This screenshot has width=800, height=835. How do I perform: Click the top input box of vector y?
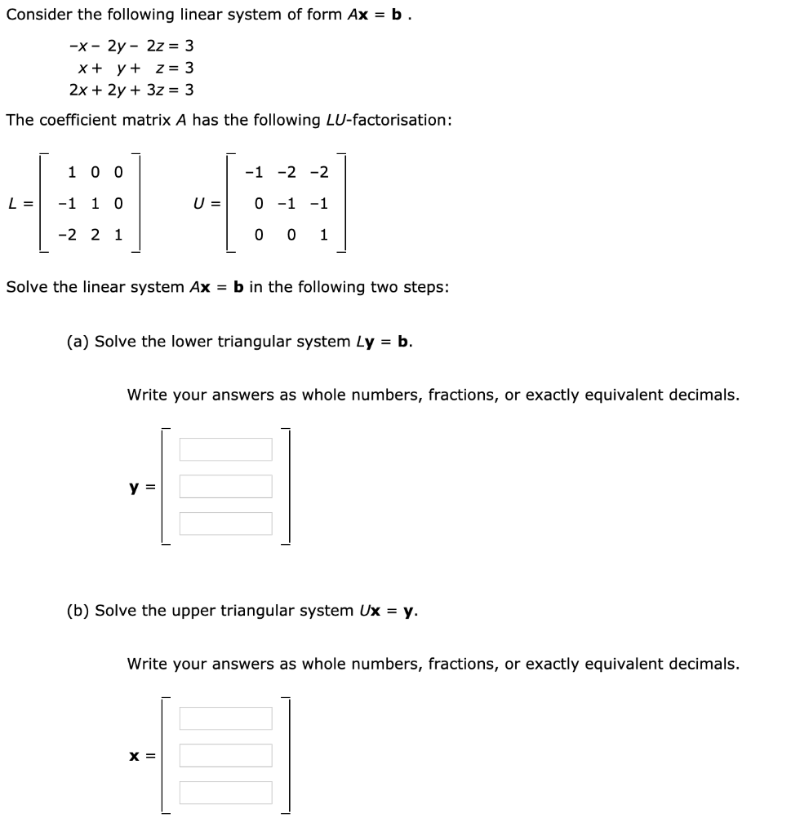pyautogui.click(x=225, y=449)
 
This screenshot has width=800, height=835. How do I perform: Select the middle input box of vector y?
pyautogui.click(x=225, y=487)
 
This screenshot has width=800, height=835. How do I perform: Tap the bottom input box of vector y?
pyautogui.click(x=225, y=524)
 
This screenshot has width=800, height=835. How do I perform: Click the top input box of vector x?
pyautogui.click(x=225, y=718)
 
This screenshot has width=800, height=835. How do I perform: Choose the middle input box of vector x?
pyautogui.click(x=225, y=756)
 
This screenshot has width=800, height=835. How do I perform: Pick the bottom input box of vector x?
pyautogui.click(x=225, y=793)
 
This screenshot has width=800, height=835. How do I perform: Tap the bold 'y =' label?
pyautogui.click(x=141, y=488)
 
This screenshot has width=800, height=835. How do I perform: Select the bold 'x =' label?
pyautogui.click(x=141, y=757)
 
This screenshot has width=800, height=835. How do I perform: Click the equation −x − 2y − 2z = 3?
pyautogui.click(x=131, y=46)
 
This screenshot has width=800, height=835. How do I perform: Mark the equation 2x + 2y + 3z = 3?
pyautogui.click(x=131, y=90)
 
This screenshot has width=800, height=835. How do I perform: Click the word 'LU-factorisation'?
pyautogui.click(x=391, y=120)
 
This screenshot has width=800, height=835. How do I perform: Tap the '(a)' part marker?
pyautogui.click(x=78, y=341)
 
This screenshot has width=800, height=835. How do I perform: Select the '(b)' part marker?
pyautogui.click(x=78, y=610)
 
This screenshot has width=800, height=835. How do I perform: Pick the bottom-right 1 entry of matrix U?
pyautogui.click(x=323, y=235)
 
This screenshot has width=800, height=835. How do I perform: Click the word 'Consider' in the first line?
pyautogui.click(x=38, y=15)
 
